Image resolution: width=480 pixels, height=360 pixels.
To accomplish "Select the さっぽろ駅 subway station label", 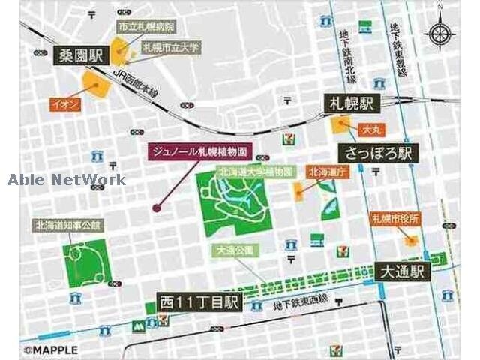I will tap(379, 153).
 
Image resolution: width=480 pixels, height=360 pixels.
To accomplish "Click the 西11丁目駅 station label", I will tap(199, 302).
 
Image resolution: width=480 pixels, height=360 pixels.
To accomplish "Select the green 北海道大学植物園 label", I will tap(255, 172).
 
